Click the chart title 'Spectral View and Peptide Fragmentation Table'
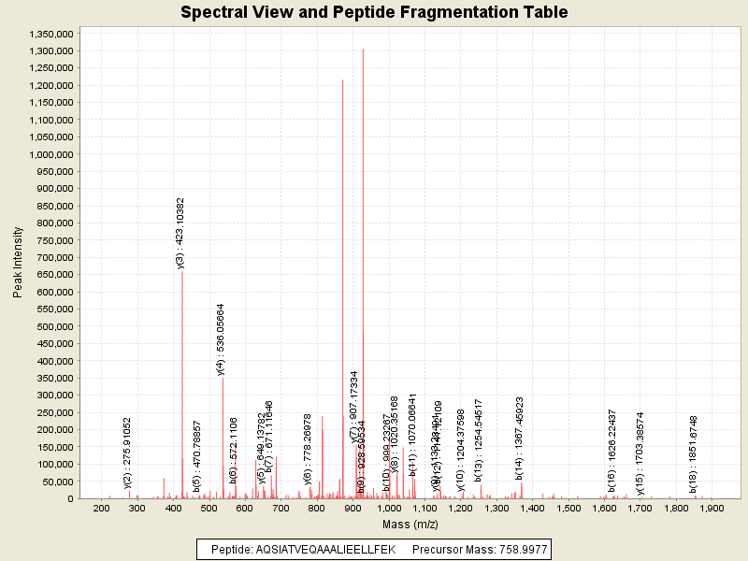click(373, 12)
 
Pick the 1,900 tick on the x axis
click(712, 510)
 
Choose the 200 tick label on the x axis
click(101, 510)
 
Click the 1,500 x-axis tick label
click(568, 510)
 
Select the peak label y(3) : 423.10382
click(181, 233)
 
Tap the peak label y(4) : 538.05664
click(222, 339)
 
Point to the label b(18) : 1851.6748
click(694, 453)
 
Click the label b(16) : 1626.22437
click(612, 450)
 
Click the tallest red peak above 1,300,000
click(363, 56)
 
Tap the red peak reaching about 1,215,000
click(343, 84)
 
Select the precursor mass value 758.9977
click(517, 549)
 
